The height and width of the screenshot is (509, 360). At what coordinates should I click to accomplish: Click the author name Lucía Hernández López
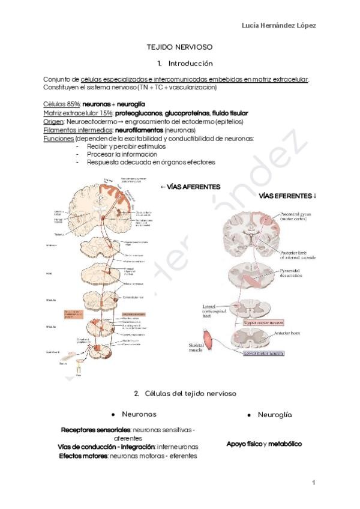(x=278, y=25)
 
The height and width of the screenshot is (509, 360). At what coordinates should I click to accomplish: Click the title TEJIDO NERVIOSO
(x=180, y=46)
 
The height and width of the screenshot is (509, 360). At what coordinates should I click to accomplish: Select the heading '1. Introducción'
(x=185, y=63)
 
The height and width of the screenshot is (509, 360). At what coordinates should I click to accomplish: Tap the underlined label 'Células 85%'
(x=62, y=104)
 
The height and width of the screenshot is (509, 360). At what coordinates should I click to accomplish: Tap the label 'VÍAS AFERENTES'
(x=190, y=187)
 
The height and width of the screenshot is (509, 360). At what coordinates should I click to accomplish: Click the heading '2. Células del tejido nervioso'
(x=185, y=393)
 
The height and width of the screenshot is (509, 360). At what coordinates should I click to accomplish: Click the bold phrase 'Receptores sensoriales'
(x=95, y=430)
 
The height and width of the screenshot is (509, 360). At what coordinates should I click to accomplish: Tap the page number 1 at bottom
(x=313, y=482)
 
